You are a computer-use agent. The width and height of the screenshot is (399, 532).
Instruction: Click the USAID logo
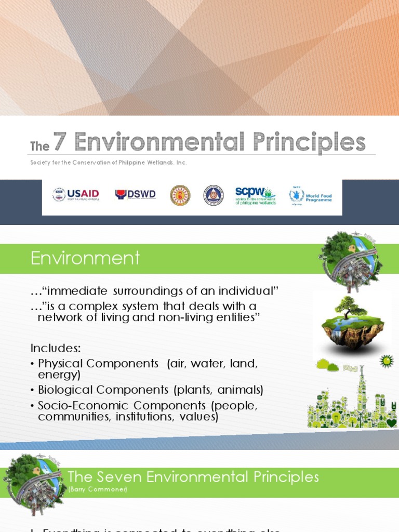click(76, 195)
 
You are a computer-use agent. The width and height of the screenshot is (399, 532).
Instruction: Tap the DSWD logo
click(135, 195)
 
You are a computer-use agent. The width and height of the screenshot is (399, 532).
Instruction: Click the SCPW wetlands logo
click(255, 195)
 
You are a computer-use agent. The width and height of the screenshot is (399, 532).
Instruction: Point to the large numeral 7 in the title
click(60, 142)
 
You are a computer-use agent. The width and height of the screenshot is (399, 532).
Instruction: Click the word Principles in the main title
click(309, 142)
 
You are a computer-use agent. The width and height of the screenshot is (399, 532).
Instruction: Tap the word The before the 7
click(39, 147)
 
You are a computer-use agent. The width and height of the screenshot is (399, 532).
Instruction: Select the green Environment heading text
click(85, 258)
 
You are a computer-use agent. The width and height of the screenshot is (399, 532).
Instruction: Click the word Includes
click(56, 348)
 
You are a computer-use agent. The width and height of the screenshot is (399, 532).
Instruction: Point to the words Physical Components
click(98, 364)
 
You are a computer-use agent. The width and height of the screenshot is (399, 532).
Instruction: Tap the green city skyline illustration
click(352, 400)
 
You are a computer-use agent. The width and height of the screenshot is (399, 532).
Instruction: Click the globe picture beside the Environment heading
click(350, 260)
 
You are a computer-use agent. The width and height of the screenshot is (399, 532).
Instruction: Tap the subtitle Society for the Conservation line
click(108, 163)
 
